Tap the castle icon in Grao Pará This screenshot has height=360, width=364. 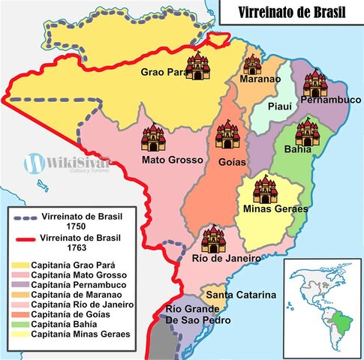(x=198, y=66)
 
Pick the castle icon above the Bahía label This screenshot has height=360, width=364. (x=307, y=133)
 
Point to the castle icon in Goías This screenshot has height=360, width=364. (x=227, y=136)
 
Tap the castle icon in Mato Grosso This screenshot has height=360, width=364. (x=152, y=138)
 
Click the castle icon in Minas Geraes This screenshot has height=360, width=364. (x=265, y=190)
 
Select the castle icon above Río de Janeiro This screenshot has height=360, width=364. (x=213, y=239)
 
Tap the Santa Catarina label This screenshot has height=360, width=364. (x=242, y=295)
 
